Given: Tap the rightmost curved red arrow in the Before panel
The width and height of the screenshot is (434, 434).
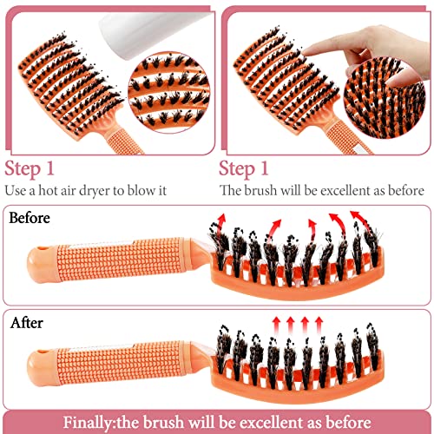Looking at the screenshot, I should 358,220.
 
